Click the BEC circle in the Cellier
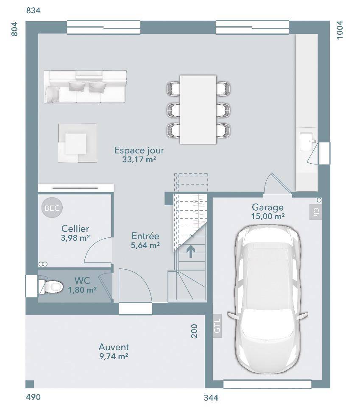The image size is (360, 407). pyautogui.click(x=52, y=208)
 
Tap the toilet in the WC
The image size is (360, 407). pyautogui.click(x=51, y=287)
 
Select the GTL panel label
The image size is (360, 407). pyautogui.click(x=217, y=326)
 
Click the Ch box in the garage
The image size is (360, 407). pyautogui.click(x=315, y=212)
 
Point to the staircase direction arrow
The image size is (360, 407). pyautogui.click(x=191, y=251)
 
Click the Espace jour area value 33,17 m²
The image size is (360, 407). pyautogui.click(x=139, y=159)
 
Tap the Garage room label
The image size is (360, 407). pyautogui.click(x=268, y=207)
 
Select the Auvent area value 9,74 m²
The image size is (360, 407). pyautogui.click(x=114, y=356)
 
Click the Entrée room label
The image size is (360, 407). pyautogui.click(x=145, y=236)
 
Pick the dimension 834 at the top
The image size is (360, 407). pyautogui.click(x=33, y=10)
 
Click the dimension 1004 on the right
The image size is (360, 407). pyautogui.click(x=340, y=30)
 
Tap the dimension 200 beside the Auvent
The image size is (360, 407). pyautogui.click(x=194, y=331)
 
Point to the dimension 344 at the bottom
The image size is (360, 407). pyautogui.click(x=211, y=397)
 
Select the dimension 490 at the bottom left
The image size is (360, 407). pyautogui.click(x=33, y=397)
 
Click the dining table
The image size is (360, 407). pyautogui.click(x=198, y=109)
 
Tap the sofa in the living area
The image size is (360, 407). pyautogui.click(x=85, y=86)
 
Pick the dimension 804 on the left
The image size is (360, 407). pyautogui.click(x=15, y=29)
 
